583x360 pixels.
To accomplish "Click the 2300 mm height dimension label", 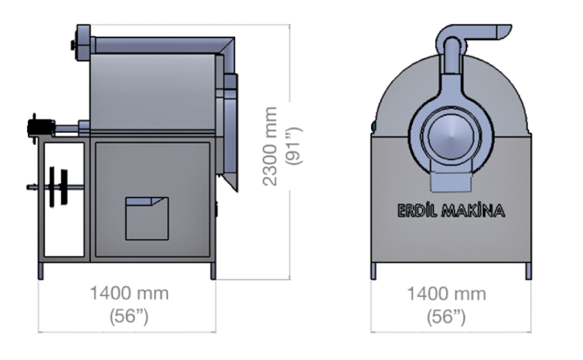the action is (270, 146).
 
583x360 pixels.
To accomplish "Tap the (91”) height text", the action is (294, 146).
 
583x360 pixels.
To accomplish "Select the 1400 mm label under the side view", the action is (129, 293).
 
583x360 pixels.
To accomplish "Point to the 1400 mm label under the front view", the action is (447, 294).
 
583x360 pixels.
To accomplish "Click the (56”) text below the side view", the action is (129, 316).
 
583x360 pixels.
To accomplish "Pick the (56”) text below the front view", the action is (446, 317).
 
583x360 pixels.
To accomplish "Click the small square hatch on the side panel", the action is (147, 219).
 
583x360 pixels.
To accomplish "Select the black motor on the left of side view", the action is (41, 128).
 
